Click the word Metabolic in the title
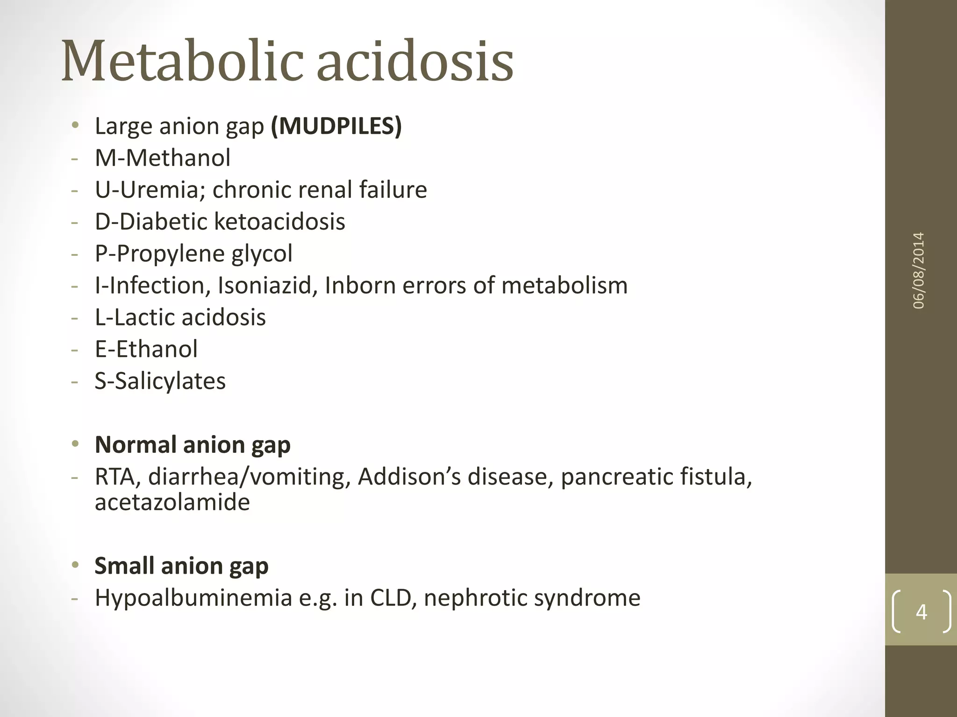pyautogui.click(x=182, y=62)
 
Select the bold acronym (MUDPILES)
pyautogui.click(x=336, y=126)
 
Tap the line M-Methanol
pyautogui.click(x=163, y=158)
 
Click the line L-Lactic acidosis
pyautogui.click(x=180, y=317)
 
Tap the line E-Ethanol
pyautogui.click(x=146, y=349)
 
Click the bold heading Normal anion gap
pyautogui.click(x=193, y=444)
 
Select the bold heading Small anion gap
pyautogui.click(x=181, y=566)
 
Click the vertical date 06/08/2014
pyautogui.click(x=919, y=271)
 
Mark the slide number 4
pyautogui.click(x=921, y=612)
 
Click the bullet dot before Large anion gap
pyautogui.click(x=75, y=125)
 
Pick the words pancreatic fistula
pyautogui.click(x=656, y=477)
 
